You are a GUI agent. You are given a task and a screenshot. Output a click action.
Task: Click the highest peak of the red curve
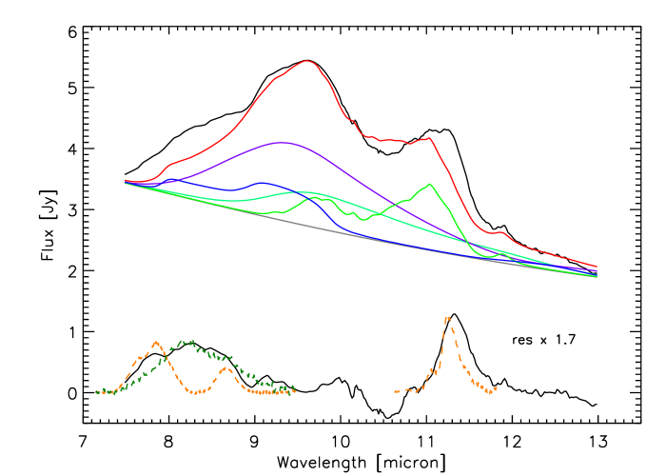tap(307, 61)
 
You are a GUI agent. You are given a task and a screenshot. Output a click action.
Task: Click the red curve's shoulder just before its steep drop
tap(430, 138)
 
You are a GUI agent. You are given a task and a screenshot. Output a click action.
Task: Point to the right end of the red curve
tap(597, 267)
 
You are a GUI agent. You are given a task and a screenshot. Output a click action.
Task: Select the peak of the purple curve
tap(282, 142)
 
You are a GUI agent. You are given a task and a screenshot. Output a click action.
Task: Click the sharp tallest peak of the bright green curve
tap(431, 184)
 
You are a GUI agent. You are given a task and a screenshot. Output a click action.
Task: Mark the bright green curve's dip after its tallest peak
tap(488, 256)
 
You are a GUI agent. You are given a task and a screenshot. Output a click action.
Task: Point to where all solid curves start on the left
tap(126, 181)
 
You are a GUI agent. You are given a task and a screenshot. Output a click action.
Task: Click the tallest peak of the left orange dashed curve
tap(157, 342)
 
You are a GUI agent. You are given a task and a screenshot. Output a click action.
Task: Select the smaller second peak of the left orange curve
tap(225, 367)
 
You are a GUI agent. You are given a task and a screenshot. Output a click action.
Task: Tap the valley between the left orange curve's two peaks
tap(194, 391)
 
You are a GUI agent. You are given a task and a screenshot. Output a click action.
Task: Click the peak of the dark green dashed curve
tap(187, 341)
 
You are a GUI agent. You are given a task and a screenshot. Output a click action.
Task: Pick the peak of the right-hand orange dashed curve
tap(447, 317)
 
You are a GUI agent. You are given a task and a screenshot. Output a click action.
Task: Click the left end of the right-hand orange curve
tap(395, 391)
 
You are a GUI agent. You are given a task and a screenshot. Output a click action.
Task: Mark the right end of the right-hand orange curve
tap(497, 388)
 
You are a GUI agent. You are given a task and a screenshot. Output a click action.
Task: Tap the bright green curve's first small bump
tap(315, 197)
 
